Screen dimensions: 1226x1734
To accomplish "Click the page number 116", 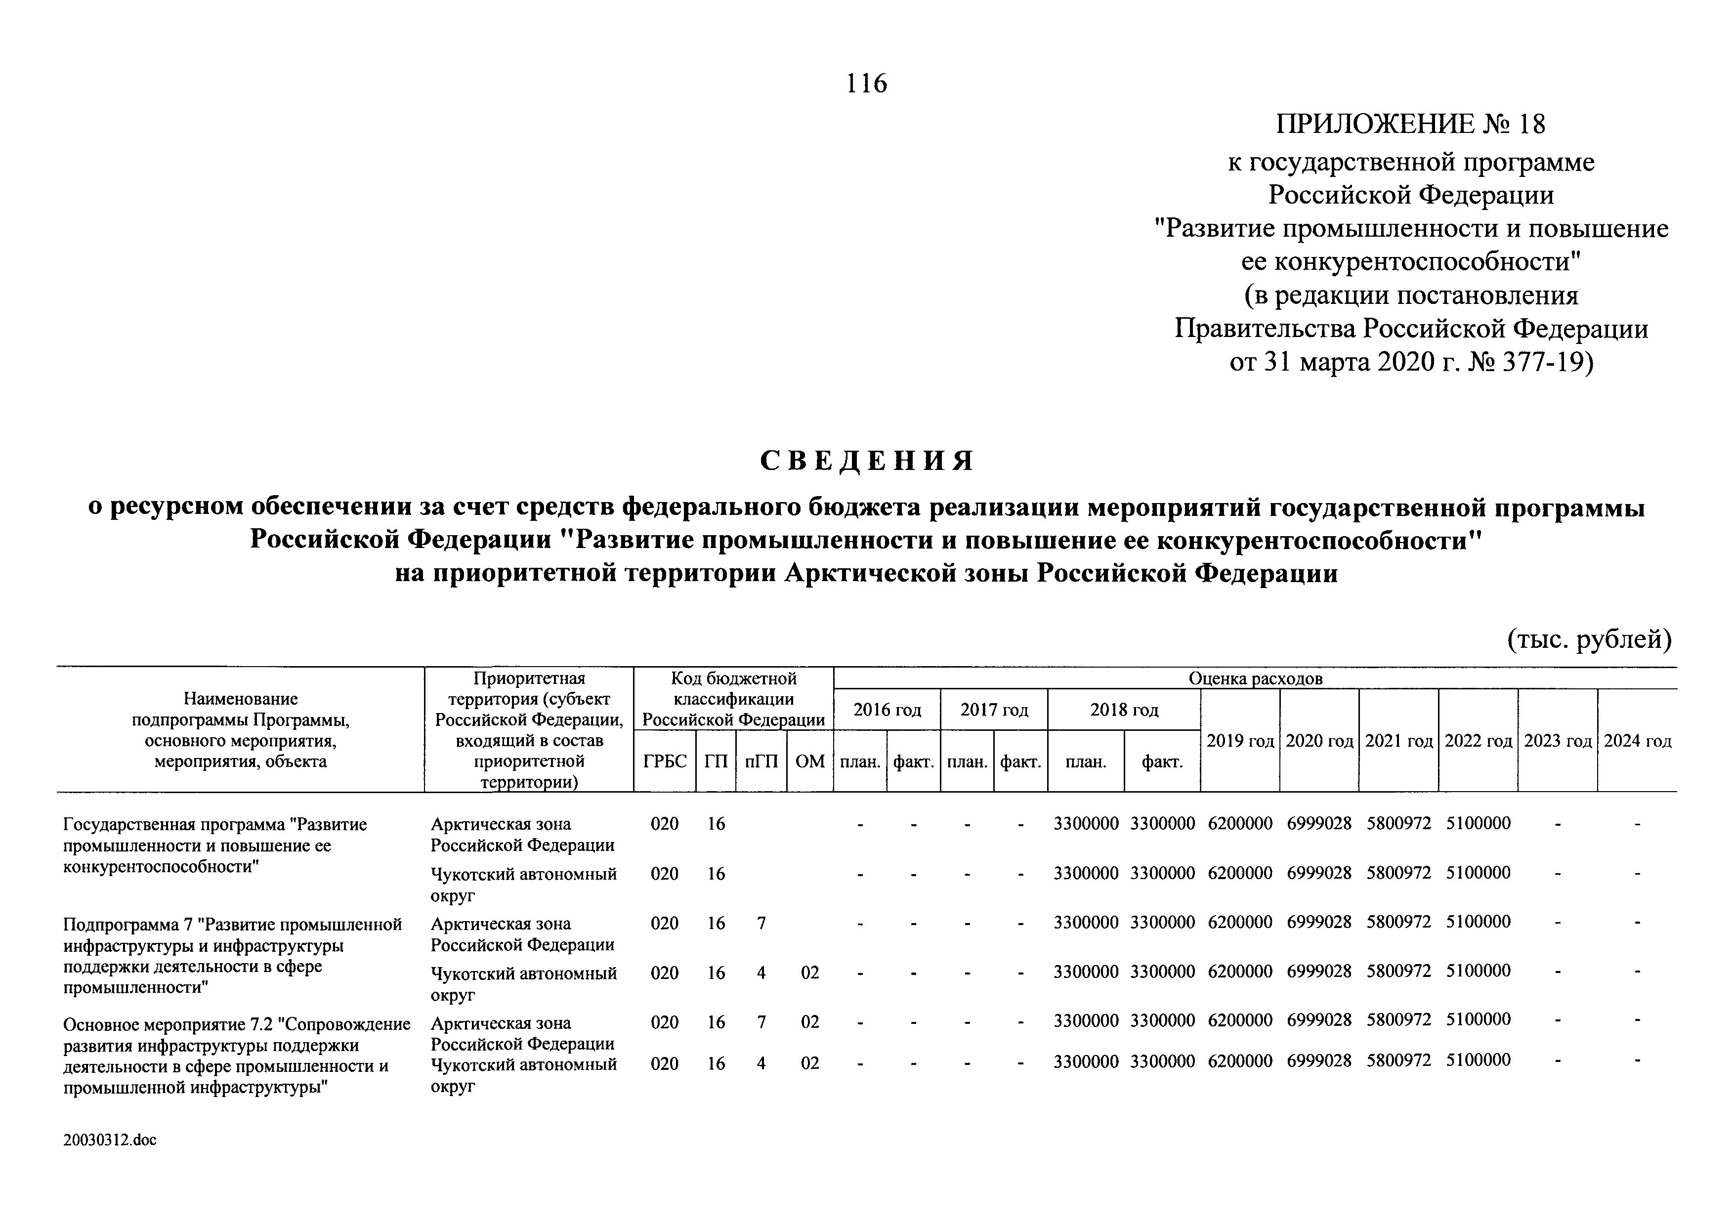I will tap(866, 83).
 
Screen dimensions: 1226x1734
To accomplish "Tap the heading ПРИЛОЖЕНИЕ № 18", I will tap(1410, 124).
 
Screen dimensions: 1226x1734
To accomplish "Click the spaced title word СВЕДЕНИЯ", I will tap(867, 460).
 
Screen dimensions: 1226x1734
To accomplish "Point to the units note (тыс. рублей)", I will tap(1589, 639).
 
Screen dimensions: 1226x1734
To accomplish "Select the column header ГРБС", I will tap(665, 761).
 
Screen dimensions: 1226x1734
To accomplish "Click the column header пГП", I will tap(761, 761).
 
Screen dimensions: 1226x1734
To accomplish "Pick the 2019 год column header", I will tap(1239, 741).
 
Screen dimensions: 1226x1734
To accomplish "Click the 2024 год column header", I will tap(1637, 741).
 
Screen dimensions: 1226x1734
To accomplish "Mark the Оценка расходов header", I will tap(1255, 678).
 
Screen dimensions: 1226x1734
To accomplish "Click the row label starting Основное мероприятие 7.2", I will tap(236, 1056).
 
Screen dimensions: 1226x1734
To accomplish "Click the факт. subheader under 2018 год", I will tap(1162, 762).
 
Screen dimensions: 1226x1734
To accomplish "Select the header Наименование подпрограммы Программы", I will tap(240, 730).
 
